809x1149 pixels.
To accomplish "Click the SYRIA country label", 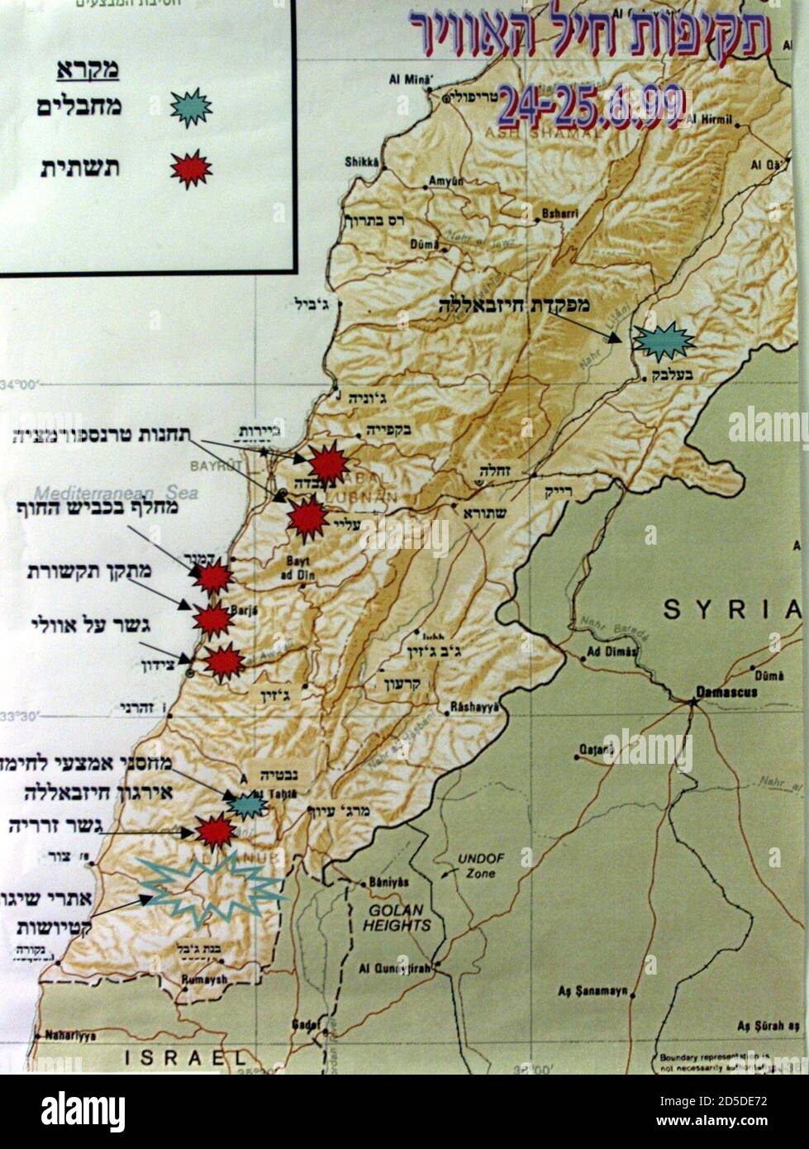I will tap(731, 610).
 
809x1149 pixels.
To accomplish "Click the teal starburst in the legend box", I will tap(191, 107).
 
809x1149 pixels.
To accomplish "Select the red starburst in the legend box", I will tap(191, 169).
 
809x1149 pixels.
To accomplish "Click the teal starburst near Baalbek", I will tap(663, 341).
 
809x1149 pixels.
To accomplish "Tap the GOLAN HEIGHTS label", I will tap(396, 918).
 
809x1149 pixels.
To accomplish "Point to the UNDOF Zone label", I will tap(481, 865).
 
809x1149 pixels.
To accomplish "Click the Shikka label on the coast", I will tap(359, 162).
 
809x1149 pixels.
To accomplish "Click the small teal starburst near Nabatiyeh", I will tap(246, 803).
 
